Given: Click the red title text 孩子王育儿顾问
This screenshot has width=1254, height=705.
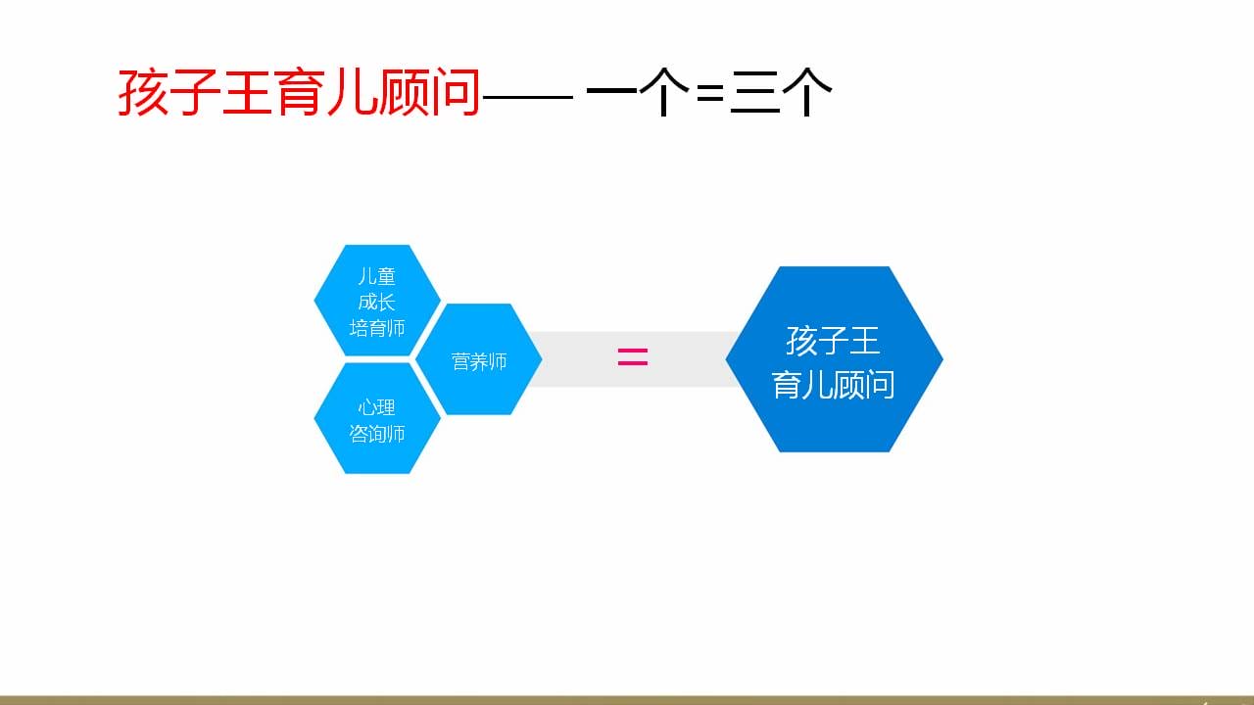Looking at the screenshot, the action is pos(299,92).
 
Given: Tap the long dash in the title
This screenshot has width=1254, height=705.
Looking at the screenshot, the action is pos(528,97).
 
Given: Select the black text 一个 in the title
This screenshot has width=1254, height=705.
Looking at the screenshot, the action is pos(638,92).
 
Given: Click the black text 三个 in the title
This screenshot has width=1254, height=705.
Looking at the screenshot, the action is pos(781,92).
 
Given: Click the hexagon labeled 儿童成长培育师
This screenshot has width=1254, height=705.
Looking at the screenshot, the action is pos(377,301).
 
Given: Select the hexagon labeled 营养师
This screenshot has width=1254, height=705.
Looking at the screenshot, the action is pos(479,359).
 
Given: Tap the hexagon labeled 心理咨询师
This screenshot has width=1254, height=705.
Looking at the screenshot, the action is pos(377,418).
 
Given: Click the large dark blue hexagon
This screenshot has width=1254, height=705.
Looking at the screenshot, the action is pos(834,359).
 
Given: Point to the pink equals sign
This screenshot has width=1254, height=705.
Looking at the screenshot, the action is pos(633,357).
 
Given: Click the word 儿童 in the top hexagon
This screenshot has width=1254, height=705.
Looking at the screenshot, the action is pos(377,276).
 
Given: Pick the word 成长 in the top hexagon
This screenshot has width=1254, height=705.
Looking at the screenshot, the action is pos(377,303).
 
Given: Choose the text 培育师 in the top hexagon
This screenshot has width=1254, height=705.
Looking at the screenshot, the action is pos(377,328).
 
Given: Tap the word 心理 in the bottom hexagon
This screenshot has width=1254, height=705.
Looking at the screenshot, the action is pos(377,407).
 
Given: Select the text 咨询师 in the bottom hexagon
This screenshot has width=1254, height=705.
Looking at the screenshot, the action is pos(377,434).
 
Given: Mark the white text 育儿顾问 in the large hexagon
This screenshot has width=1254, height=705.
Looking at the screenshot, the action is pos(833,385).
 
